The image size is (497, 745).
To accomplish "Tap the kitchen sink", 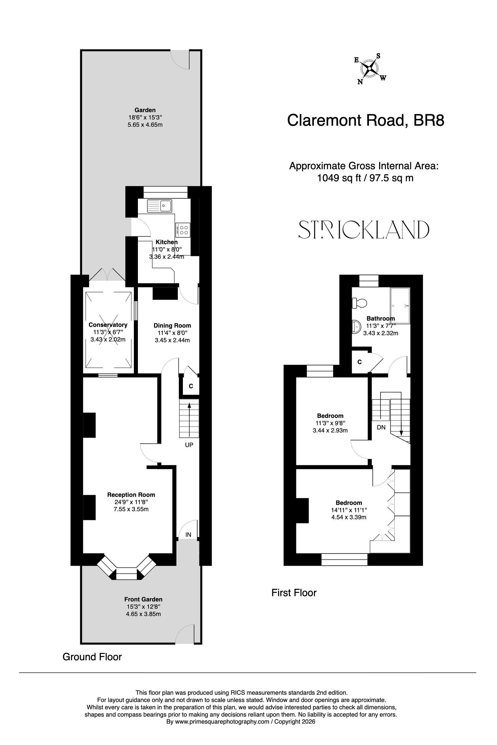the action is pos(159,206).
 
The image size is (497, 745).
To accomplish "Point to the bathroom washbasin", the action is pos(356,326).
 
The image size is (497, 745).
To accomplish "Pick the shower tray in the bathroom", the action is pos(400,306).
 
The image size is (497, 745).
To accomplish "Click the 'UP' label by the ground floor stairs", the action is pos(189,445).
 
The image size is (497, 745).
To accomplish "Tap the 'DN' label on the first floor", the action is pos(381,427).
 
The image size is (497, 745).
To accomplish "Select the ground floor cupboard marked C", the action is pos(191,386).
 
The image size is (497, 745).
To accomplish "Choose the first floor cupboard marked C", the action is pos(359,362).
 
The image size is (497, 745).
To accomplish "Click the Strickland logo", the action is pos(364,230).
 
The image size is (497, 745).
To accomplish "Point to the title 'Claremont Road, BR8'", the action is pos(366,120).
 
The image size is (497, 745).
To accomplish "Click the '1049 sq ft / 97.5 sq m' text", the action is pos(365,178).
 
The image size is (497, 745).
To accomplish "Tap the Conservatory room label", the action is pos(108,325).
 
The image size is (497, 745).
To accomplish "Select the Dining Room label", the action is pos(172,326).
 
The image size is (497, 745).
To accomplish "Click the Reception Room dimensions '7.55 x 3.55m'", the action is pos(131,509).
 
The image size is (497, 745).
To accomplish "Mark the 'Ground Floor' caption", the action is pos(92,657).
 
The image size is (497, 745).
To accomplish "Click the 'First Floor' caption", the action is pos(294,593).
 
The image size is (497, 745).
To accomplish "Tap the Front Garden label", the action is pos(143,599).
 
